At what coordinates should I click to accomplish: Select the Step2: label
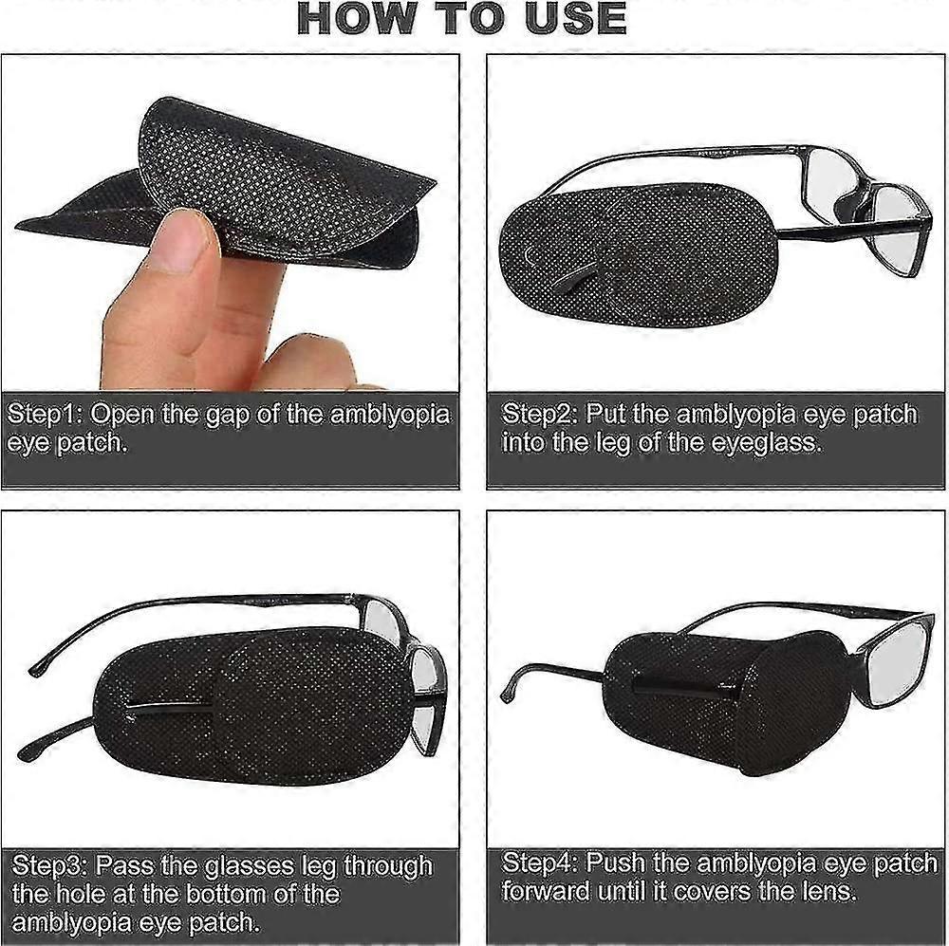(541, 415)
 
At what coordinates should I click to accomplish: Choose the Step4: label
(541, 862)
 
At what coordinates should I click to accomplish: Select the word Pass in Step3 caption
(120, 865)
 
